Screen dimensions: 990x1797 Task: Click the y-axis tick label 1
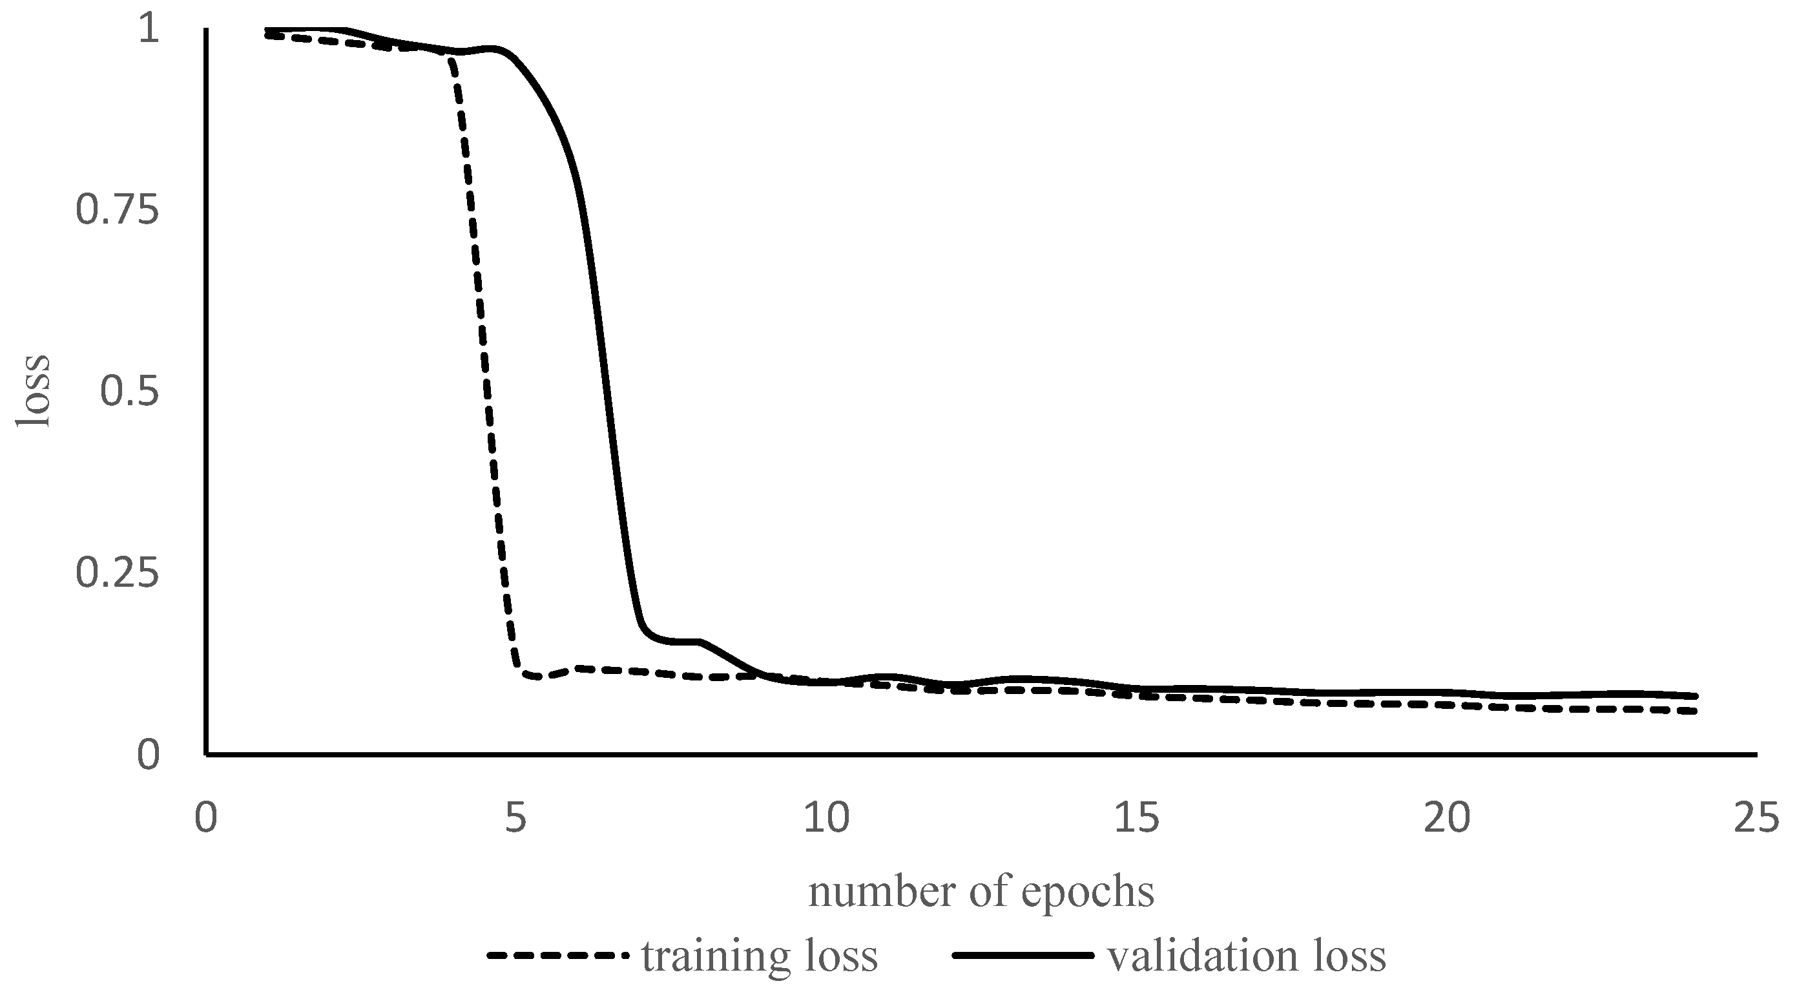point(149,31)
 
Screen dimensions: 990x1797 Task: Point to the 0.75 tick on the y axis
point(117,211)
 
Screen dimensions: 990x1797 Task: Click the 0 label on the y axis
point(148,755)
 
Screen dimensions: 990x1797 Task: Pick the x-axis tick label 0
point(206,817)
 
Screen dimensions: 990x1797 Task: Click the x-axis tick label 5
point(515,817)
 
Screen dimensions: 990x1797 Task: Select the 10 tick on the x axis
point(827,817)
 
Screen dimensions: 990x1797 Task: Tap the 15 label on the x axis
point(1137,817)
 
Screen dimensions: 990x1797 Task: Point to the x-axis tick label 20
point(1447,817)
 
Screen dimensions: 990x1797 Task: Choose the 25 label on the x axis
point(1756,817)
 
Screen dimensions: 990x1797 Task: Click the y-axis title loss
point(34,392)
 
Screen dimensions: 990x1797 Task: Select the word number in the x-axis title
point(884,892)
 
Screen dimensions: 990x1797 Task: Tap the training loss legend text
point(759,956)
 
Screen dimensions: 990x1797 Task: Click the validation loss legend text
point(1247,956)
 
